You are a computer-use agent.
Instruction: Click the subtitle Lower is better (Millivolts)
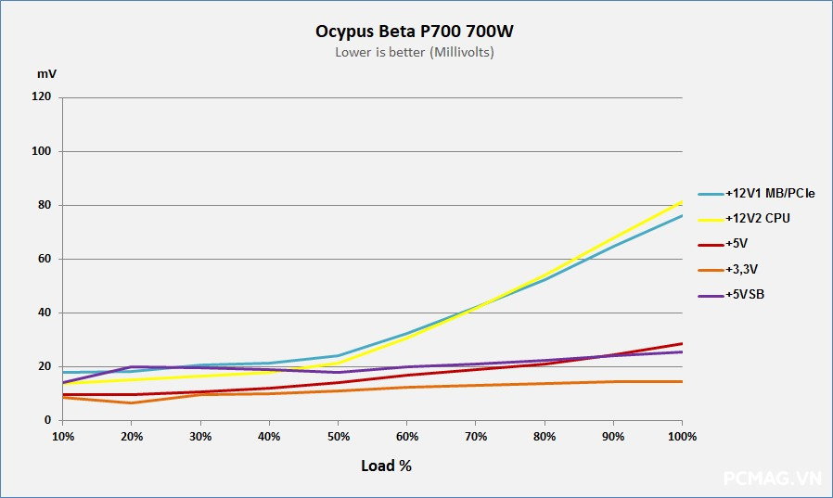415,53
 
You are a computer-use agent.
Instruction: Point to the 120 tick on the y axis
42,97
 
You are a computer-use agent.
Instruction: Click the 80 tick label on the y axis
45,205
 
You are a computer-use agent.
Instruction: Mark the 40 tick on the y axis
45,313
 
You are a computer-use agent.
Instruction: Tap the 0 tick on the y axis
48,420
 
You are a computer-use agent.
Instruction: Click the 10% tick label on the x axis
63,436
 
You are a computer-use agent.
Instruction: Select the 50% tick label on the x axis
339,436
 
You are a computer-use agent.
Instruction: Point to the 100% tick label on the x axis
682,436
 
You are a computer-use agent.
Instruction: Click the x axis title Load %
386,466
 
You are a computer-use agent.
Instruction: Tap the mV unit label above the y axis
45,72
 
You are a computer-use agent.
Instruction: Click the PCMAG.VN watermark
773,479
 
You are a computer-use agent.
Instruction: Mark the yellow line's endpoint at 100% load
683,201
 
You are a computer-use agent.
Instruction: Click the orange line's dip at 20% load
132,402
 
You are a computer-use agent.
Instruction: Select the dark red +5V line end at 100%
683,343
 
